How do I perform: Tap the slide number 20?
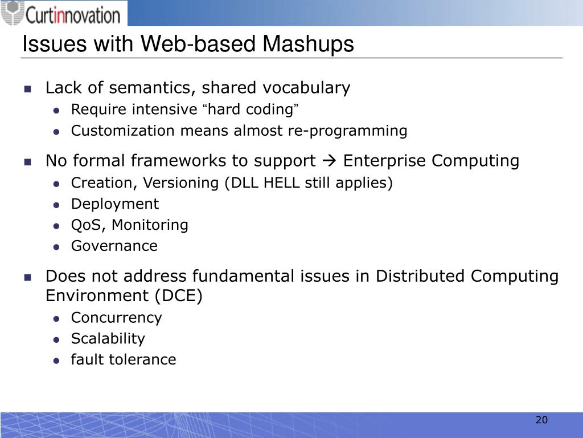(541, 420)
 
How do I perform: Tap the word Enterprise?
(385, 161)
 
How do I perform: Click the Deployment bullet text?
(115, 204)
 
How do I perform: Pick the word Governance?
(114, 246)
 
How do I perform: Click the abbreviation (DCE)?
(179, 296)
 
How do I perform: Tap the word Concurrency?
(116, 317)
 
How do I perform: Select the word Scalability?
(108, 338)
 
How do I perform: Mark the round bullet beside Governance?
(56, 247)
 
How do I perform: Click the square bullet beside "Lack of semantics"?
(27, 89)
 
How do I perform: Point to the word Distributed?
(421, 276)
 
